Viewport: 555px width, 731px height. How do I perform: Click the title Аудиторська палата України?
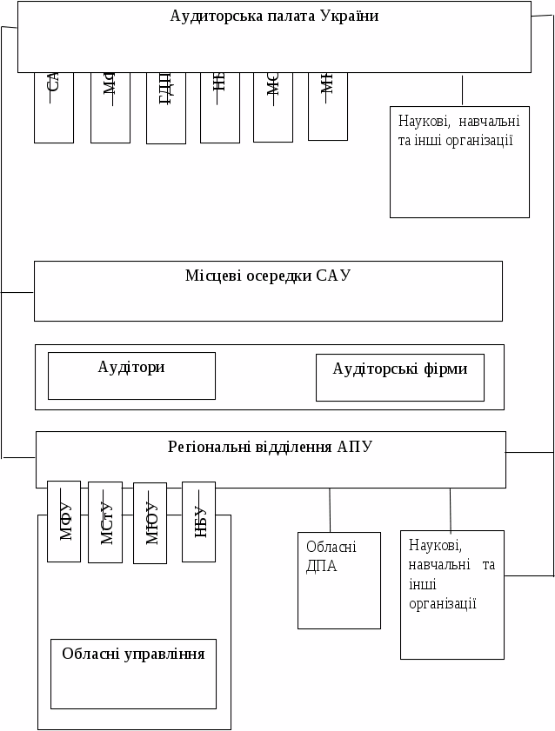(x=274, y=17)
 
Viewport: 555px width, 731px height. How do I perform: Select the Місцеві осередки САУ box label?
(x=268, y=276)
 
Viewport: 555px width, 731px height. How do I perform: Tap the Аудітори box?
(x=131, y=375)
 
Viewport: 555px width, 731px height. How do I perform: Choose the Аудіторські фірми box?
(x=399, y=377)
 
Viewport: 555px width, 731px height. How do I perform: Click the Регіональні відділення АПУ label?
(x=270, y=448)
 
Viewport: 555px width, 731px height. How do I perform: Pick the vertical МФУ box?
(x=64, y=521)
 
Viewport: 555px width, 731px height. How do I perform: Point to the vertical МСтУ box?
(x=105, y=522)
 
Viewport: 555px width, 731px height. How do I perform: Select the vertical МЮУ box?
(x=150, y=523)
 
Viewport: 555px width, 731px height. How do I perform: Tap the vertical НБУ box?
(x=198, y=522)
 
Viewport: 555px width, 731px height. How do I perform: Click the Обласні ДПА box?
(x=338, y=580)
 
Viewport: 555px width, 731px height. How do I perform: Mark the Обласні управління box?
(x=133, y=674)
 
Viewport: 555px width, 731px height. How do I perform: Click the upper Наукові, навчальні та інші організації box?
(x=459, y=162)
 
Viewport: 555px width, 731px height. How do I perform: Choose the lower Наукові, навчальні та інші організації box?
(x=451, y=595)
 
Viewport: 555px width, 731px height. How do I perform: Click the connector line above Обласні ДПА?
(x=330, y=509)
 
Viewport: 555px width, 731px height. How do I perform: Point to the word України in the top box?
(x=350, y=17)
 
